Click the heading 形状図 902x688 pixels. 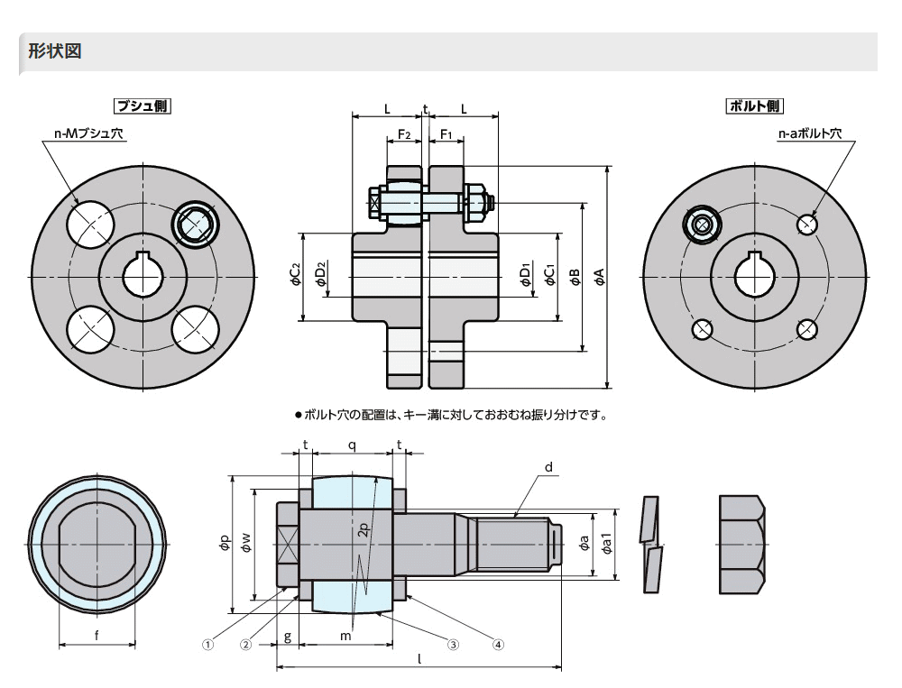[55, 51]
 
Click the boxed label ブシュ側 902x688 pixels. [142, 105]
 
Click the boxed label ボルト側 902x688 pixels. [754, 105]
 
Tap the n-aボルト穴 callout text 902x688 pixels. [809, 134]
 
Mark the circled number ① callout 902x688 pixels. [207, 644]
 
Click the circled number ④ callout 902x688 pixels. [497, 644]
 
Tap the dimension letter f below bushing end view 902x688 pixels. [97, 635]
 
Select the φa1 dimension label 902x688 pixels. [608, 545]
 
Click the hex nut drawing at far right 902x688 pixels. [741, 545]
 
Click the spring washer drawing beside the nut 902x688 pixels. [650, 545]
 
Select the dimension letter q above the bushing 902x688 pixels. [352, 445]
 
